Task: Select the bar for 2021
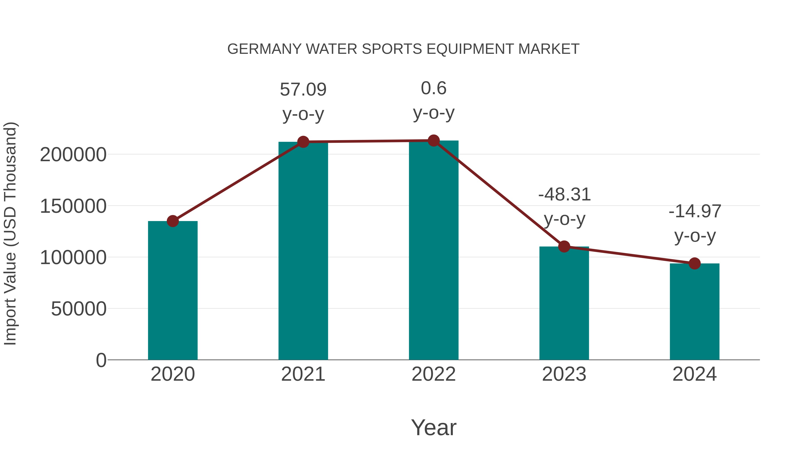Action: [x=303, y=251]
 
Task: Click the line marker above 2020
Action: [x=173, y=221]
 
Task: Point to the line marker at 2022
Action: [x=434, y=141]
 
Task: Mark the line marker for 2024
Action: [x=694, y=263]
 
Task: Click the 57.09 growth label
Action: [x=303, y=90]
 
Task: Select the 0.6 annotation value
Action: [x=434, y=88]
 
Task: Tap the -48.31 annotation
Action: [x=564, y=195]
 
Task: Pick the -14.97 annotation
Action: [x=694, y=211]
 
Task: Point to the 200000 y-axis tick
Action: [x=73, y=154]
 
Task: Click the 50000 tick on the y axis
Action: [x=79, y=309]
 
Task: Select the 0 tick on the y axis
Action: [x=101, y=360]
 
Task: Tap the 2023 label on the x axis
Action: [x=564, y=374]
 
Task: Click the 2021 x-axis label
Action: [x=303, y=374]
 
